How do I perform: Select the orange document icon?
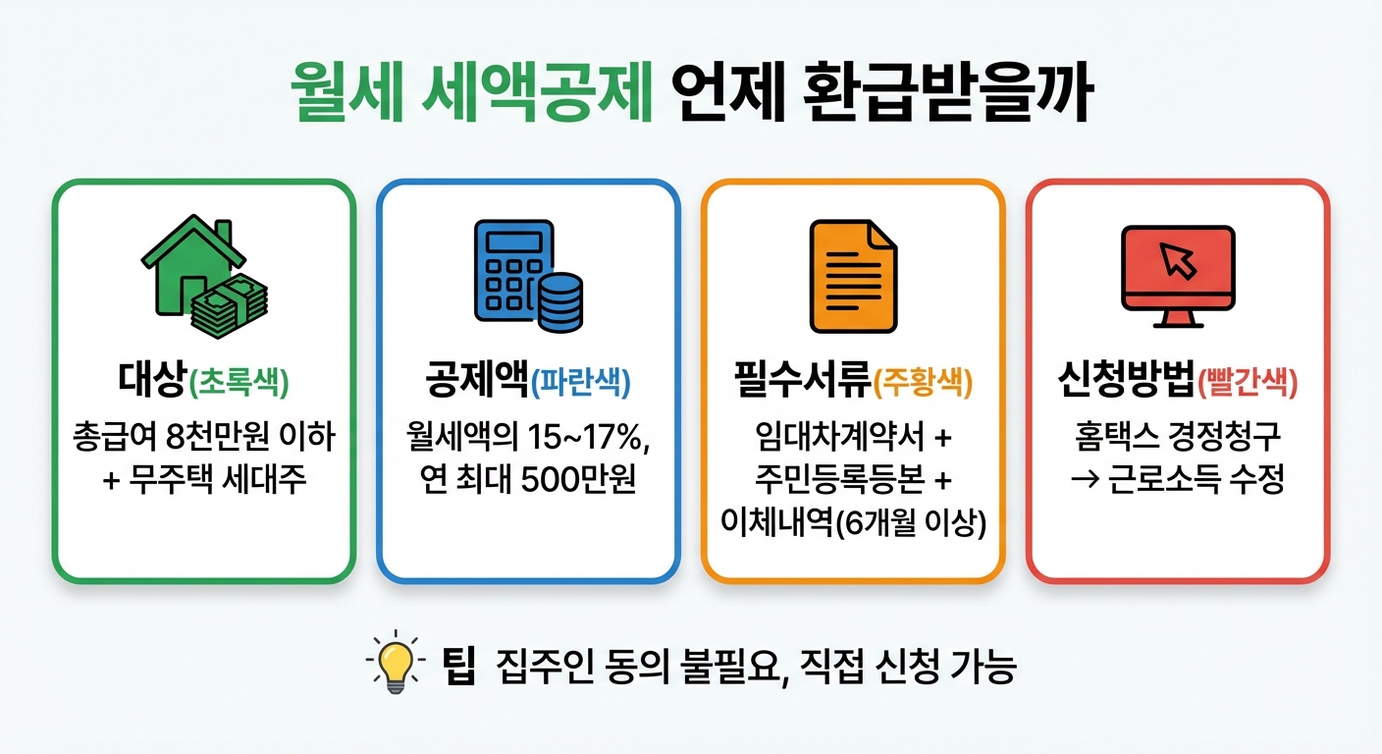(x=852, y=276)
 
